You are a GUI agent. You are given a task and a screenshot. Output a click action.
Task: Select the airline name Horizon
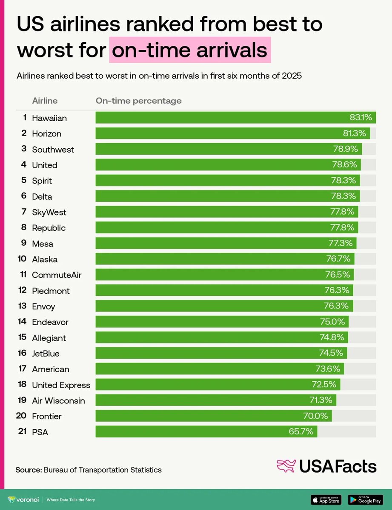coord(46,133)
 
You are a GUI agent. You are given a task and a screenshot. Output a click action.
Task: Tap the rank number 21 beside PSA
coord(22,432)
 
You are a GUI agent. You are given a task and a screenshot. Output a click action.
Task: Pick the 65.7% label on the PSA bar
coord(301,432)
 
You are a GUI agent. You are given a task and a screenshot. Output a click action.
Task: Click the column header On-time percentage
coord(138,101)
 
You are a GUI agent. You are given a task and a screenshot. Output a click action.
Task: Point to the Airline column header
coord(45,101)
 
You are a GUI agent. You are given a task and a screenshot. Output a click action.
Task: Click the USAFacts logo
coord(326,466)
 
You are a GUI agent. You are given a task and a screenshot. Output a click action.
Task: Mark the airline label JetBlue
coord(46,354)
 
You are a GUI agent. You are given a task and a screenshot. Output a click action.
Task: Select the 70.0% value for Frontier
coord(315,416)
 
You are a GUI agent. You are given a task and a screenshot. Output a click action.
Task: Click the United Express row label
coord(61,385)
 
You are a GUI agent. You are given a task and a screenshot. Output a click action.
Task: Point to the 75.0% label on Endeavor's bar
coord(332,322)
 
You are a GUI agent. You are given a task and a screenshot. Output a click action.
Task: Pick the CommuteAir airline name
coord(57,275)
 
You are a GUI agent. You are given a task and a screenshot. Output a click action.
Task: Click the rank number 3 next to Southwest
coord(24,149)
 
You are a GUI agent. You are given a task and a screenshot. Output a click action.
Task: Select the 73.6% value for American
coord(327,369)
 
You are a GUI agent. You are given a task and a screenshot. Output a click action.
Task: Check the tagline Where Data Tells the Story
coord(71,500)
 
